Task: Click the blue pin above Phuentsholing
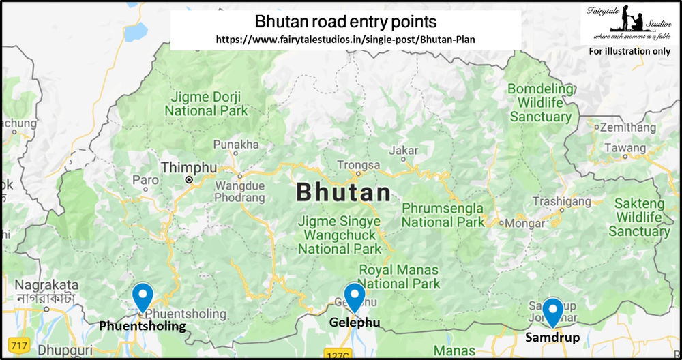(143, 297)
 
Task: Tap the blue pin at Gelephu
(355, 297)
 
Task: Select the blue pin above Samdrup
(552, 311)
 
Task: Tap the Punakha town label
(236, 145)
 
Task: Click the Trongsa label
(358, 164)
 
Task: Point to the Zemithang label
(625, 127)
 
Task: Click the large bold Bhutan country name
(344, 192)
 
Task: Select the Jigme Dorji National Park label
(206, 103)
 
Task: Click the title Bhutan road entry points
(345, 22)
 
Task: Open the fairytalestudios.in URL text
(345, 40)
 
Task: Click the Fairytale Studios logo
(628, 22)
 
